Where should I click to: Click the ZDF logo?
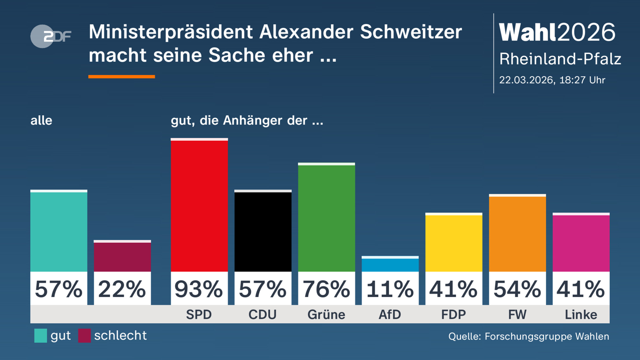tap(51, 36)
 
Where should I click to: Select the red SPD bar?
tap(199, 205)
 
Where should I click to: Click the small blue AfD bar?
tap(390, 265)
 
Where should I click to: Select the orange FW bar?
tap(517, 234)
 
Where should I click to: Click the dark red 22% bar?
tap(122, 257)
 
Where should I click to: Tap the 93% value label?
tap(199, 289)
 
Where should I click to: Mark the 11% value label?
tap(390, 289)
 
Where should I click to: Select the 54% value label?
tap(517, 289)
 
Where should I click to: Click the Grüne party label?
tap(326, 315)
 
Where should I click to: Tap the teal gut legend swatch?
tap(41, 335)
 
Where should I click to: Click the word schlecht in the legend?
tap(120, 335)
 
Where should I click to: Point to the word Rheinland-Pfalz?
tap(560, 59)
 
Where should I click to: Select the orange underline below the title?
tap(122, 77)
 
